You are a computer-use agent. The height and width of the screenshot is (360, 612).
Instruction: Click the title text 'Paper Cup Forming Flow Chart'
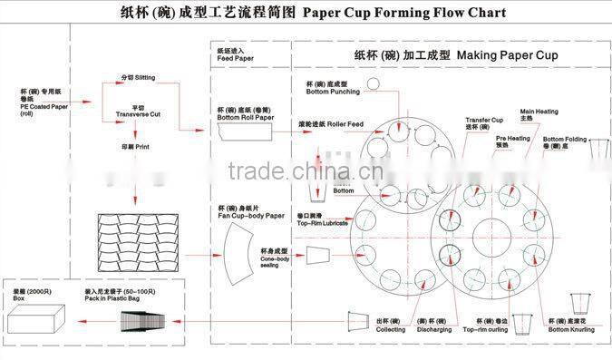[x=403, y=14]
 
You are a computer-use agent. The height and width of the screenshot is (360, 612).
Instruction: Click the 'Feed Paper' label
[x=235, y=59]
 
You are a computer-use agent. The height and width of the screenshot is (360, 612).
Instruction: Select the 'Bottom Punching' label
[x=330, y=90]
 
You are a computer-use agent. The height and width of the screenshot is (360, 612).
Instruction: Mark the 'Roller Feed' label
[x=334, y=123]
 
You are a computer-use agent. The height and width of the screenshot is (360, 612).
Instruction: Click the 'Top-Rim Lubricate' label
[x=323, y=221]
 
